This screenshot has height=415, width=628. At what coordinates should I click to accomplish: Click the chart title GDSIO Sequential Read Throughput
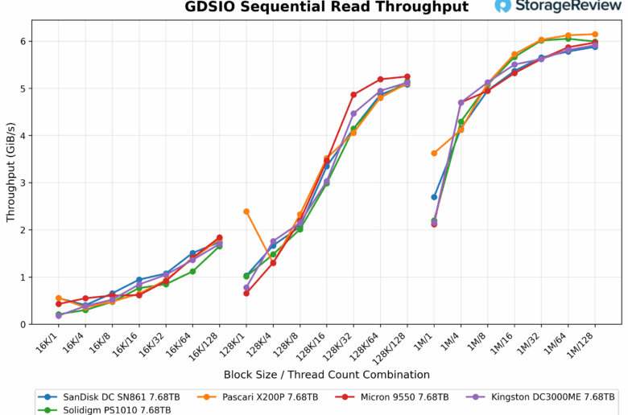coord(326,7)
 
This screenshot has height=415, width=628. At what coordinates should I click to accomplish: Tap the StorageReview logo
coord(556,6)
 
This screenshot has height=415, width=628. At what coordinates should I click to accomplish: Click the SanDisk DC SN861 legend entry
coord(113,397)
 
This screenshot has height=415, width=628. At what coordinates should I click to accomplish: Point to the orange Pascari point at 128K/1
coord(246,212)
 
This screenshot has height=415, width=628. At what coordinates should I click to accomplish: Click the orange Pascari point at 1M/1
coord(434,153)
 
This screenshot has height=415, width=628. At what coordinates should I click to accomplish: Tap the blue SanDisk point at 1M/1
coord(434,197)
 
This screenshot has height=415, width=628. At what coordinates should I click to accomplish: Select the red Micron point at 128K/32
coord(353,95)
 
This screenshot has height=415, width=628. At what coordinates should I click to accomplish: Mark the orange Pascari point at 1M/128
coord(595,35)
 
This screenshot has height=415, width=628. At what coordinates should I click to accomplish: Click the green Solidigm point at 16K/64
coord(192,271)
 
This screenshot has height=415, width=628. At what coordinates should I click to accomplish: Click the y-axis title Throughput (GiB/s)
coord(10,173)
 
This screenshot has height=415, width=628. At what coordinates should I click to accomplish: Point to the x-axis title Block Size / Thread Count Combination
coord(326,375)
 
